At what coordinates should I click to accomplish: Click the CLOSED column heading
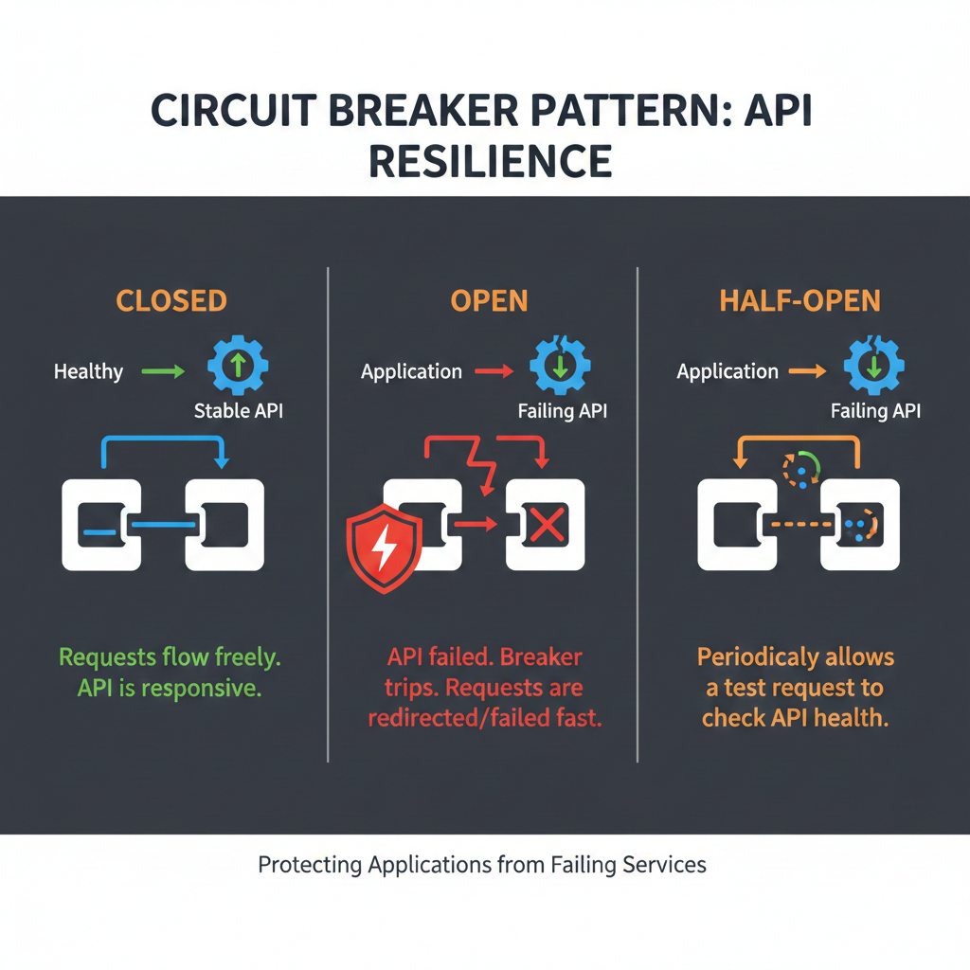[x=171, y=301]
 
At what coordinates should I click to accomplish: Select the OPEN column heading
[x=489, y=301]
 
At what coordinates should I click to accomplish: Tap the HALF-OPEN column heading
[x=799, y=301]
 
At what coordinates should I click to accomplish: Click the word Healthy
[x=88, y=371]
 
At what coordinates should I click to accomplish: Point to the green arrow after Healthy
[x=163, y=371]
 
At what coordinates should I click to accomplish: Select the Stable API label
[x=237, y=411]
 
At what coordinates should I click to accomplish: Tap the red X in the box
[x=546, y=525]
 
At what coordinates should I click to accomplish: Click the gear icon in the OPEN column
[x=560, y=365]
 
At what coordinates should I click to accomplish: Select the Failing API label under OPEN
[x=563, y=411]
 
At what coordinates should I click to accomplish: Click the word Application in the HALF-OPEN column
[x=727, y=371]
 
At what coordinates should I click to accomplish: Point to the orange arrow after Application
[x=807, y=371]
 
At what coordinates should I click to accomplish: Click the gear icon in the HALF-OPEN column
[x=871, y=365]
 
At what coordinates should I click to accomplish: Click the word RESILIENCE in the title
[x=490, y=160]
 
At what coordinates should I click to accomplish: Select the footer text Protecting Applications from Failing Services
[x=482, y=864]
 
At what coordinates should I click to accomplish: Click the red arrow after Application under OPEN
[x=494, y=371]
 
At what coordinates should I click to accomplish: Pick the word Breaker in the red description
[x=541, y=656]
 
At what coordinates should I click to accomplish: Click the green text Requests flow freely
[x=170, y=656]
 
